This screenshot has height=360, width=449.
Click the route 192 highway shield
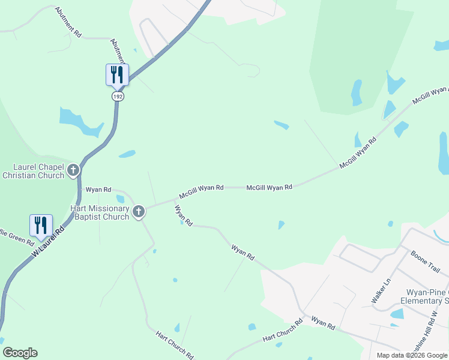(x=118, y=96)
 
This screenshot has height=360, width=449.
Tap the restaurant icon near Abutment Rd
(x=117, y=74)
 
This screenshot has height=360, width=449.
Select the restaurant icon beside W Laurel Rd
(x=41, y=225)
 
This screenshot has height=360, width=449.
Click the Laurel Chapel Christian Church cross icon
(x=73, y=170)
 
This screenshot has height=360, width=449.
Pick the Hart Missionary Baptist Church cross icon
(x=139, y=211)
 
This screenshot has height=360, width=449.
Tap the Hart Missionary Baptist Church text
(x=91, y=212)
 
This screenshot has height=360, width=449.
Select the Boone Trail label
(x=426, y=262)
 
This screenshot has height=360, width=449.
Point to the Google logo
(x=19, y=353)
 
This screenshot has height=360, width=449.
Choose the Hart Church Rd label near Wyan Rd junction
(x=282, y=331)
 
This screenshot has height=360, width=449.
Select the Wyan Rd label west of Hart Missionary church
(x=98, y=190)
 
